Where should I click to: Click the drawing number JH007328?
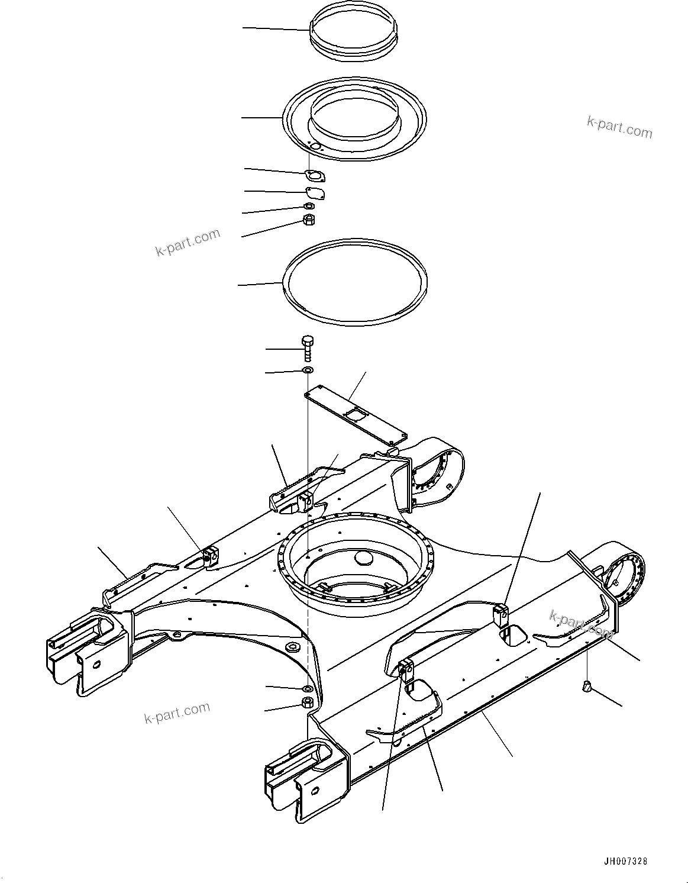[x=629, y=862]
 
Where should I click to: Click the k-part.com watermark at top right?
[x=619, y=127]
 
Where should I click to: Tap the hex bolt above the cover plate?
[x=307, y=349]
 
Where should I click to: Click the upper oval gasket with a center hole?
[x=315, y=176]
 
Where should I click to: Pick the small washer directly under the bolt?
[x=307, y=370]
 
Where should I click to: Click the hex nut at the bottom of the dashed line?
[x=307, y=703]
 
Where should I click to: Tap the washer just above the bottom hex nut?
[x=307, y=689]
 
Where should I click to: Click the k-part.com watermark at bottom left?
[x=177, y=713]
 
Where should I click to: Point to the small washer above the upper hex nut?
[x=308, y=206]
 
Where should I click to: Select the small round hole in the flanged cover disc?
[x=315, y=146]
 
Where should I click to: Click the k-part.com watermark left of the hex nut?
[x=188, y=242]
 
